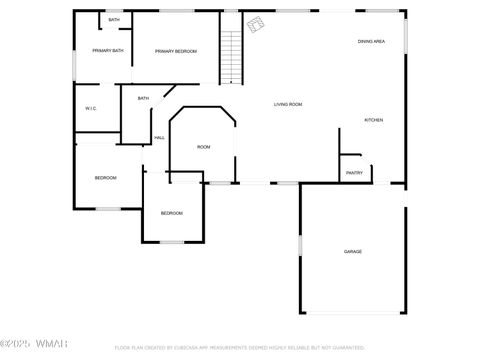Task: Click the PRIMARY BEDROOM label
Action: click(175, 51)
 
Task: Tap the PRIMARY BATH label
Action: click(108, 51)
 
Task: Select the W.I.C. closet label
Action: click(90, 108)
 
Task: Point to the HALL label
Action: click(159, 138)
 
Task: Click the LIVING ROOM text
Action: click(288, 104)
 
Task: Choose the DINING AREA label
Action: click(372, 41)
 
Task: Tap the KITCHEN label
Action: click(373, 120)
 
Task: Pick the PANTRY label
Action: click(354, 173)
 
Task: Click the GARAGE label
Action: click(353, 251)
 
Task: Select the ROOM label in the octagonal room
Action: click(203, 147)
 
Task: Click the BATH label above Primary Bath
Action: click(114, 20)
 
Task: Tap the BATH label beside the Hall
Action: click(143, 98)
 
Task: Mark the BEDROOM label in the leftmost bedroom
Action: click(106, 178)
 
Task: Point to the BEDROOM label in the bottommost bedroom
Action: click(172, 213)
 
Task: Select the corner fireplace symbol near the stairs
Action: click(256, 23)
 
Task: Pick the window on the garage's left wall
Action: click(300, 245)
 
